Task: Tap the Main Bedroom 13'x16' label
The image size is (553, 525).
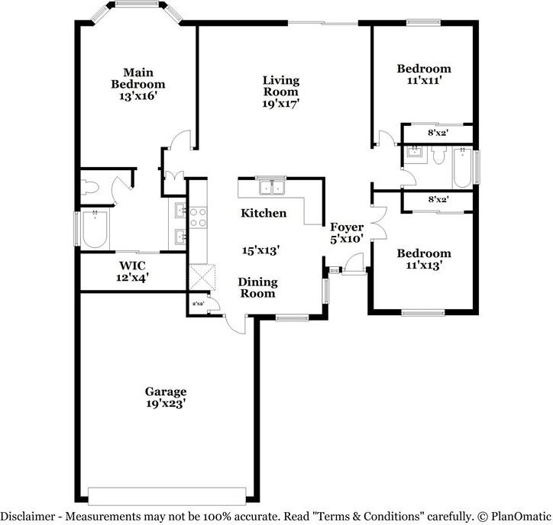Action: click(138, 84)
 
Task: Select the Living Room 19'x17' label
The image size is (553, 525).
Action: click(280, 92)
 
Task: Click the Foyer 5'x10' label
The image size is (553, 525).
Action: click(346, 233)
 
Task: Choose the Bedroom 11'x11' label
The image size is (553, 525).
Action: click(423, 74)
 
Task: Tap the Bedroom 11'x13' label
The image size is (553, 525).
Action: click(423, 259)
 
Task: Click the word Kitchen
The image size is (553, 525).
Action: click(264, 213)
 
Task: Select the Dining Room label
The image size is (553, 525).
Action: click(257, 287)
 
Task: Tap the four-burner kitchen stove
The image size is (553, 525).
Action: click(197, 217)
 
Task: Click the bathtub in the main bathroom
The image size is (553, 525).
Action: click(95, 230)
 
